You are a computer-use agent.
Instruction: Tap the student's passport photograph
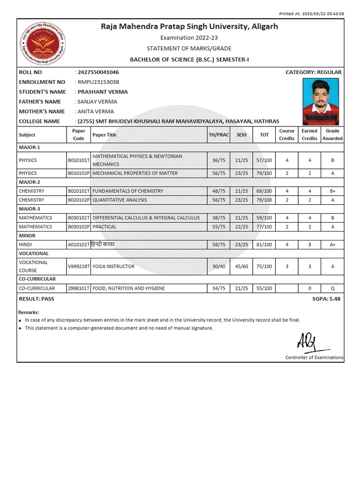(x=321, y=101)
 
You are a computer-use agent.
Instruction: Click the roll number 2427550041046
(x=98, y=72)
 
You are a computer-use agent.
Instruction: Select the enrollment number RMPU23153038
(x=98, y=82)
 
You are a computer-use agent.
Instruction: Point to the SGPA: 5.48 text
(x=327, y=299)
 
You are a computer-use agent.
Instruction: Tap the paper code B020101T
(x=78, y=191)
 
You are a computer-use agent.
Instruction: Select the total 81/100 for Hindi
(x=264, y=245)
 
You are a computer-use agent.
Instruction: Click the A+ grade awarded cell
(x=332, y=245)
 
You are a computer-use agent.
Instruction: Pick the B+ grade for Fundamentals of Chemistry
(x=332, y=191)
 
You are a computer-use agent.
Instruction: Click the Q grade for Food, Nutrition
(x=332, y=288)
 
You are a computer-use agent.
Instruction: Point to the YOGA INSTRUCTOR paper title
(x=113, y=266)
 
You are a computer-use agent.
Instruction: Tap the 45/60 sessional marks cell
(x=241, y=266)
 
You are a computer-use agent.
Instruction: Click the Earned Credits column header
(x=309, y=135)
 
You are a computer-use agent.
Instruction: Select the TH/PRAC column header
(x=219, y=135)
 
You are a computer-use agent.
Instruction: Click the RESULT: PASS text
(x=37, y=299)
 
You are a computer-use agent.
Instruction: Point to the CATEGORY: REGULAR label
(x=313, y=72)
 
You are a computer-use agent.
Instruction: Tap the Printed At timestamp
(x=318, y=14)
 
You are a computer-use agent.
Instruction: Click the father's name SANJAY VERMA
(x=97, y=102)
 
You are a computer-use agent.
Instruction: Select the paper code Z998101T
(x=78, y=288)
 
